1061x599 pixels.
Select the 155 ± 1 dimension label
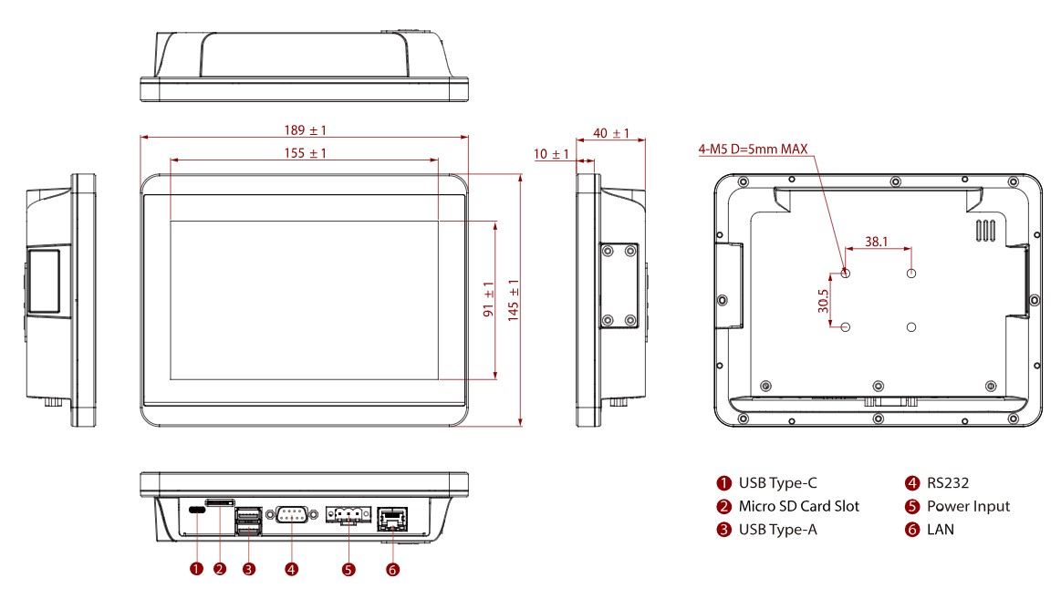pyautogui.click(x=305, y=153)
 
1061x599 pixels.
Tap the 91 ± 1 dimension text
pyautogui.click(x=488, y=300)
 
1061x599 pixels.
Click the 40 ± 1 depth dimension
pyautogui.click(x=611, y=133)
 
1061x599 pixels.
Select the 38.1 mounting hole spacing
pyautogui.click(x=876, y=243)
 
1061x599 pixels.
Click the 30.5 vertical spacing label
pyautogui.click(x=824, y=301)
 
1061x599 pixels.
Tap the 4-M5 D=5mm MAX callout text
pyautogui.click(x=753, y=149)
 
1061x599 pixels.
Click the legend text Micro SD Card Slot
pyautogui.click(x=798, y=506)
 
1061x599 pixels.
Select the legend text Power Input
pyautogui.click(x=968, y=506)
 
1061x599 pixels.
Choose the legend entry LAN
pyautogui.click(x=940, y=529)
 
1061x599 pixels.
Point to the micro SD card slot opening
pyautogui.click(x=220, y=501)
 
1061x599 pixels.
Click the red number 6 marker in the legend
pyautogui.click(x=911, y=529)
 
